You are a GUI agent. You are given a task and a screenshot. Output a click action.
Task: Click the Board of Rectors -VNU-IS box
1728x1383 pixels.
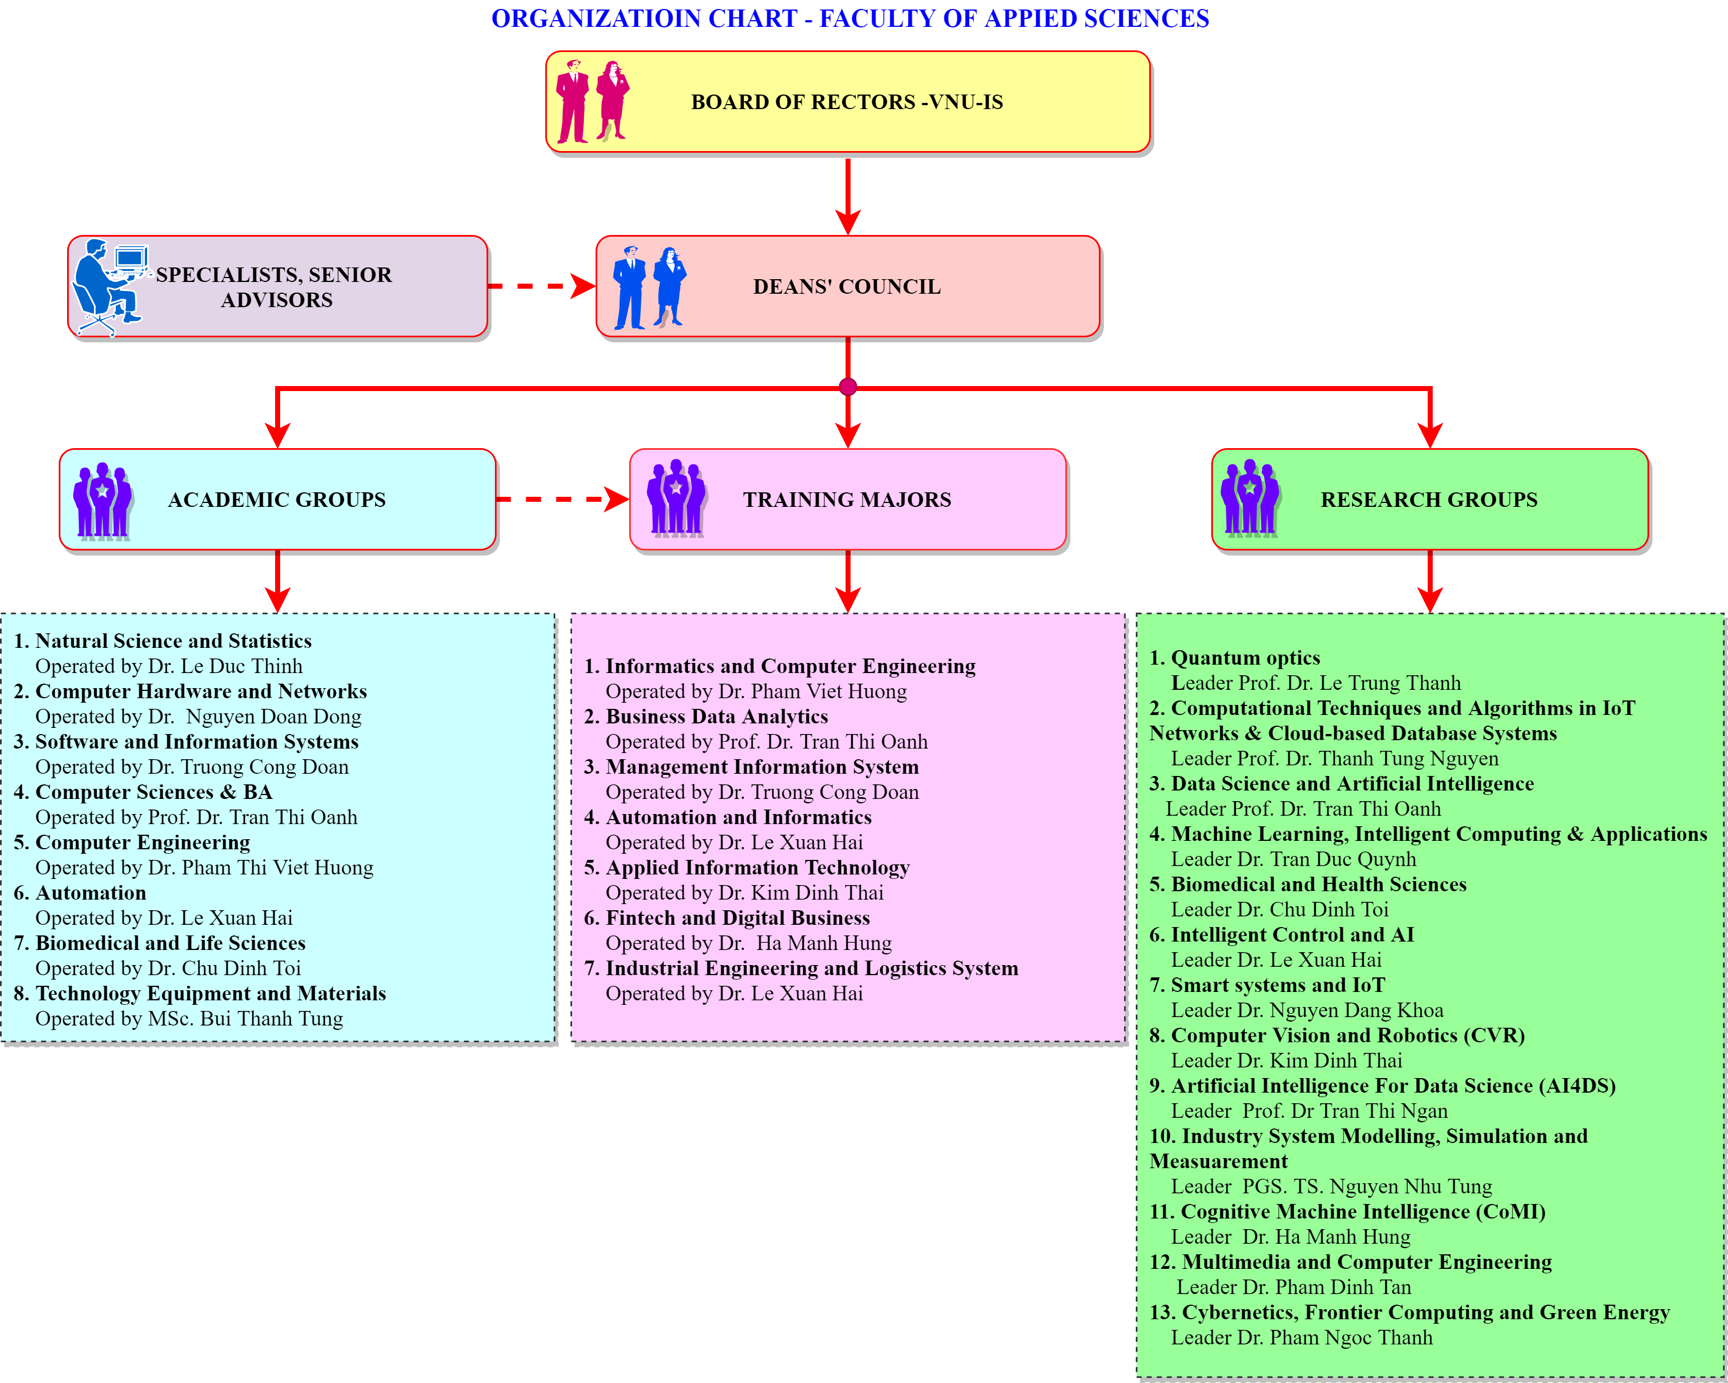tap(847, 102)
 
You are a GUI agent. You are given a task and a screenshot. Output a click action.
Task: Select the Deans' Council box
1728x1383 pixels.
tap(847, 286)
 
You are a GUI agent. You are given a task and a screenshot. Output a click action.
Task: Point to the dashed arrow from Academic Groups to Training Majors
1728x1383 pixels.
tap(561, 500)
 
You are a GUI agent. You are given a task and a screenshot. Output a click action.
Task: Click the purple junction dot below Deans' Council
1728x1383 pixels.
tap(848, 387)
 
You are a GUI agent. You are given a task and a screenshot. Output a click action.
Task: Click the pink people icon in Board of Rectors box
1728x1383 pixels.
tap(593, 102)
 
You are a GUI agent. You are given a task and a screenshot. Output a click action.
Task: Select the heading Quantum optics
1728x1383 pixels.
tap(1245, 658)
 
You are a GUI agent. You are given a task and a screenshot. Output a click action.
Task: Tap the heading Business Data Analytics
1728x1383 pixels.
tap(716, 717)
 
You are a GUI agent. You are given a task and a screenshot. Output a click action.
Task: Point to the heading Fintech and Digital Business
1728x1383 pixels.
tap(738, 918)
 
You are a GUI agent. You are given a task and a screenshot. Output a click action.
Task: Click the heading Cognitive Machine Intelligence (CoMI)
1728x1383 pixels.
tap(1362, 1211)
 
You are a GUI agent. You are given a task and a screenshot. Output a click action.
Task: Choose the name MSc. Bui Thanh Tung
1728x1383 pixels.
tap(271, 1019)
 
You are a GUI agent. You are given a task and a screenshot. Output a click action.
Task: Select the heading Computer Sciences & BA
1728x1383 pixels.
tap(154, 792)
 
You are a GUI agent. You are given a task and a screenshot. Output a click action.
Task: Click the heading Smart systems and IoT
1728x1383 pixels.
tap(1278, 985)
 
